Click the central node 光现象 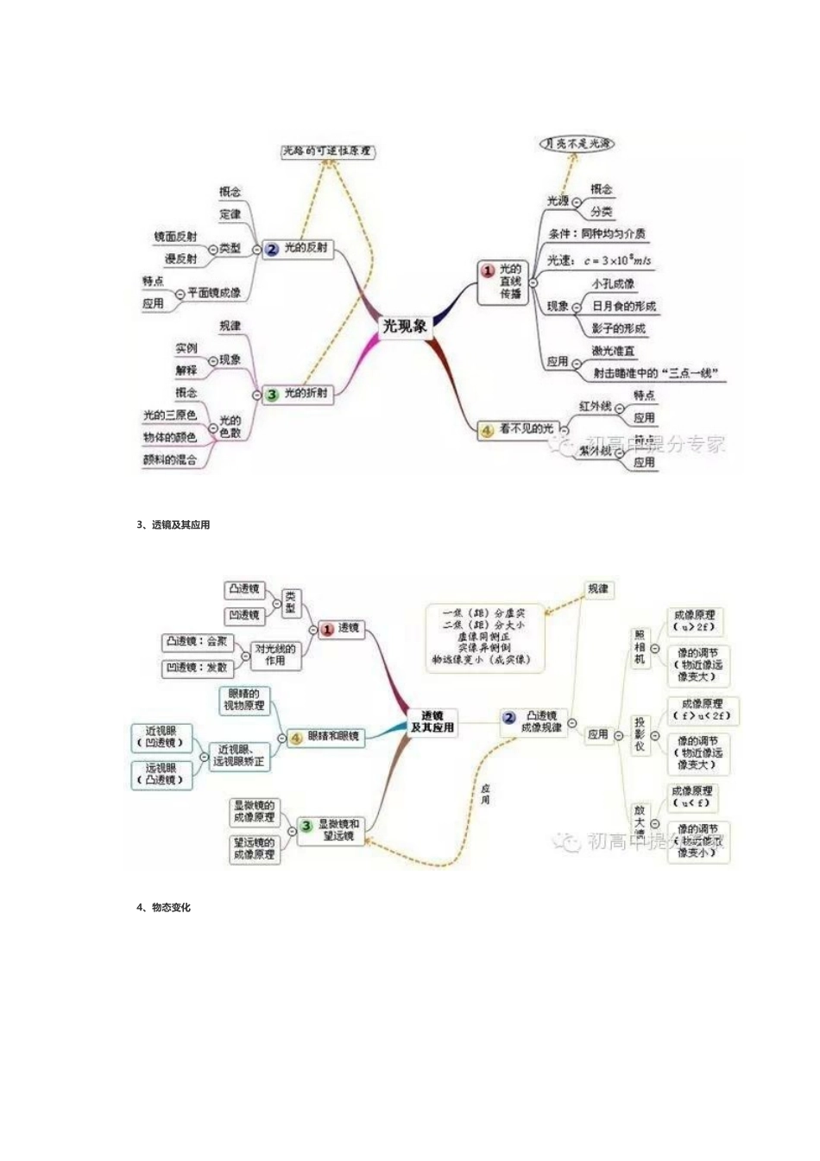pyautogui.click(x=405, y=326)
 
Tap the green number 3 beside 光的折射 pyautogui.click(x=272, y=394)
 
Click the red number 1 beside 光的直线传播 pyautogui.click(x=488, y=271)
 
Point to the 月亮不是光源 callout pyautogui.click(x=577, y=143)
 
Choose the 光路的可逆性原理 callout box pyautogui.click(x=327, y=151)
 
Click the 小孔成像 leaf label pyautogui.click(x=613, y=283)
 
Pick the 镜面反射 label pyautogui.click(x=175, y=236)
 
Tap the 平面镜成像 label pyautogui.click(x=214, y=293)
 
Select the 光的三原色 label pyautogui.click(x=170, y=416)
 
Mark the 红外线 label pyautogui.click(x=595, y=406)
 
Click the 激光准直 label pyautogui.click(x=614, y=351)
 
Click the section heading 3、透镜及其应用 pyautogui.click(x=173, y=524)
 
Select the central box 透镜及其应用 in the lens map pyautogui.click(x=432, y=721)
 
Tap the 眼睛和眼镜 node pyautogui.click(x=332, y=737)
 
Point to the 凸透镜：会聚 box pyautogui.click(x=197, y=641)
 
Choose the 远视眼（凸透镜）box pyautogui.click(x=161, y=774)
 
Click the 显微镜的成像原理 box pyautogui.click(x=254, y=811)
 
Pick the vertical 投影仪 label pyautogui.click(x=640, y=734)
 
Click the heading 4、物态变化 pyautogui.click(x=164, y=907)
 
